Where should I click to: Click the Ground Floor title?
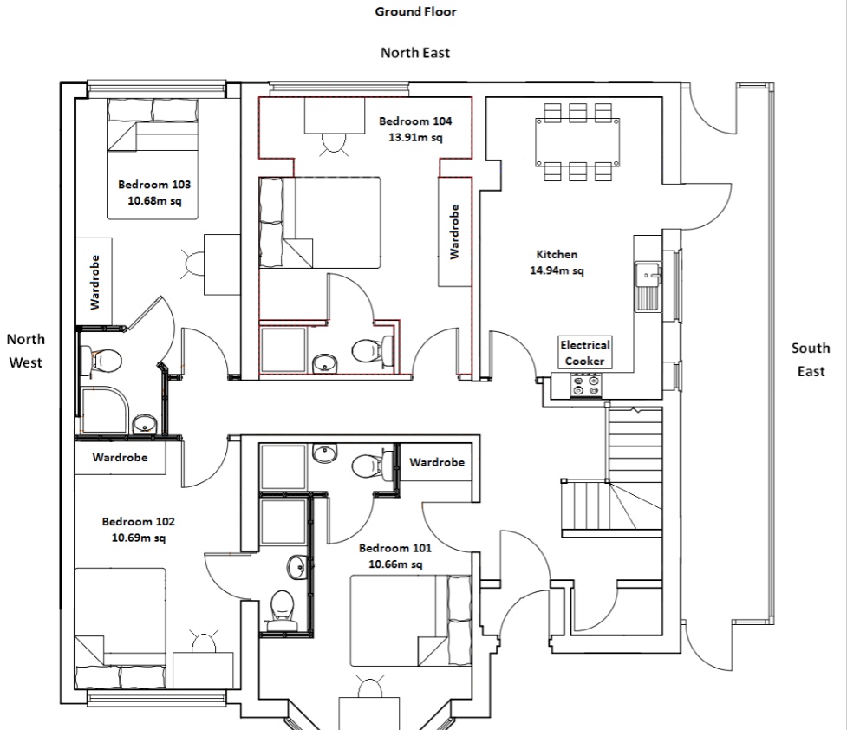tap(415, 11)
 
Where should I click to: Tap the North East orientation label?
tap(415, 52)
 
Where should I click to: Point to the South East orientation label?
tap(811, 359)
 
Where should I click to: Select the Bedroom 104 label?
tap(415, 121)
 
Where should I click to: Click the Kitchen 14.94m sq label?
tap(557, 262)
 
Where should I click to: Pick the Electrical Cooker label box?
tap(585, 352)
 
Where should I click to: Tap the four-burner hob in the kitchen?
tap(586, 385)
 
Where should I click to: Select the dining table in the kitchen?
tap(577, 143)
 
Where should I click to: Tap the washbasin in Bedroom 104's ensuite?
tap(324, 362)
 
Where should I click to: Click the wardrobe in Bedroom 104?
tap(454, 231)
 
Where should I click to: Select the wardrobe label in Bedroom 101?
tap(437, 462)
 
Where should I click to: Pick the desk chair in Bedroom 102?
tap(204, 642)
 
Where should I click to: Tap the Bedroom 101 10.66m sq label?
tap(395, 556)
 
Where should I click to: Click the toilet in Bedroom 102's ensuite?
tap(281, 610)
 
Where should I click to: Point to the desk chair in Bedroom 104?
tap(333, 144)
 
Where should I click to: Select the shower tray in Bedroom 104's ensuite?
tap(283, 349)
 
